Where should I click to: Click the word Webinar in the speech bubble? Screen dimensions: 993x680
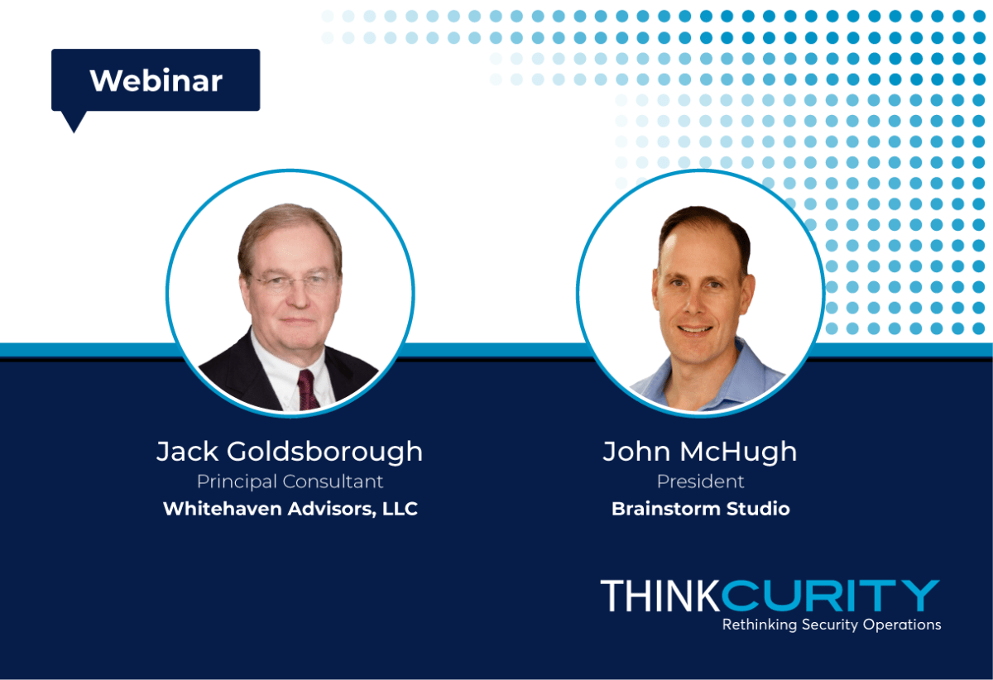[156, 81]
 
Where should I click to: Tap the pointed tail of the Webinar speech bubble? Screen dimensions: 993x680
[74, 128]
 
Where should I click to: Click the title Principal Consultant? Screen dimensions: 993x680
[290, 481]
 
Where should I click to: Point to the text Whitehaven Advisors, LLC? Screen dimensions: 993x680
[290, 509]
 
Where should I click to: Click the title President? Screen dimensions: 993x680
[700, 481]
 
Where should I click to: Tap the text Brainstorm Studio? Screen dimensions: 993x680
[700, 509]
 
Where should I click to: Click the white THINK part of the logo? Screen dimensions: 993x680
[660, 596]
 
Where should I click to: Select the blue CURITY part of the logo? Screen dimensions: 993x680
[830, 596]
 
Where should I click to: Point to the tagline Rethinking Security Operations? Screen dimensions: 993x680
[832, 625]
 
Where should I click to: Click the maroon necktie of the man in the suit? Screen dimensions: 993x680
[308, 390]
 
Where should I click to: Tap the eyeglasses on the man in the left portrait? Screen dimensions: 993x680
[293, 283]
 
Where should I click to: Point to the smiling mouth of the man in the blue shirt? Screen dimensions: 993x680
[694, 329]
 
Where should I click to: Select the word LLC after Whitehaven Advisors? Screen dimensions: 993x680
[400, 509]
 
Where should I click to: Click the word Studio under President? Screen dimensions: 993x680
[759, 509]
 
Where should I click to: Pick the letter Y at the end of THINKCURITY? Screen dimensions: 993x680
[921, 596]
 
